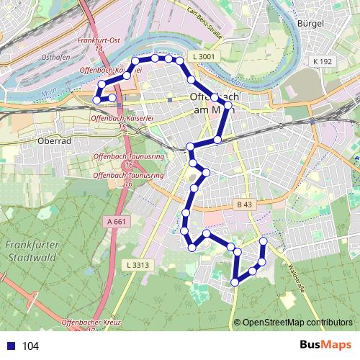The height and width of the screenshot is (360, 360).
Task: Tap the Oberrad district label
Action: coord(57,141)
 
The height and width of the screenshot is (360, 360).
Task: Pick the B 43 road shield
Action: coord(244,204)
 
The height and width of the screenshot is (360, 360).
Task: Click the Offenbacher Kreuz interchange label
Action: coord(89,324)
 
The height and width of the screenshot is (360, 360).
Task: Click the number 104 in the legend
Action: coord(30,346)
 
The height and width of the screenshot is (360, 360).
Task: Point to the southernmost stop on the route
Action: coord(235,282)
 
